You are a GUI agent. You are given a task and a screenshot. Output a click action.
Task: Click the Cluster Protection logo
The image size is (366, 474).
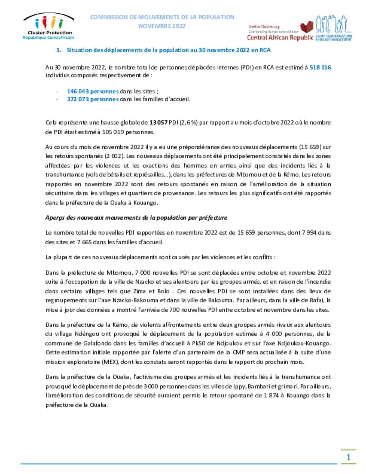pyautogui.click(x=48, y=26)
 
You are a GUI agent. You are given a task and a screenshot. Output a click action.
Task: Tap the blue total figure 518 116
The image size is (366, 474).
pyautogui.click(x=320, y=67)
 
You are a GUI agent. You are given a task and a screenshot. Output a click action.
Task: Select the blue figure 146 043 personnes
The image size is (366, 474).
pyautogui.click(x=93, y=91)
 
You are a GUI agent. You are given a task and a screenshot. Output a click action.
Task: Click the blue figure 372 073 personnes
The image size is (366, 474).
pyautogui.click(x=93, y=99)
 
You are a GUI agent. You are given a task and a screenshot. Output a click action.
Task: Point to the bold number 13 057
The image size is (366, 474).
pyautogui.click(x=158, y=122)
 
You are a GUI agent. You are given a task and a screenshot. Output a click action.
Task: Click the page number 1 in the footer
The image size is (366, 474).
pyautogui.click(x=348, y=457)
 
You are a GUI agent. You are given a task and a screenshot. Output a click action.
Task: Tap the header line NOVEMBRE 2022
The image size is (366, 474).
pyautogui.click(x=162, y=26)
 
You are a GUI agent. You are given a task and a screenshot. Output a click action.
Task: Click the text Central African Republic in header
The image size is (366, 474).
pyautogui.click(x=280, y=38)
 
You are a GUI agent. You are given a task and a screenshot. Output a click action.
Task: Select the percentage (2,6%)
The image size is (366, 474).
pyautogui.click(x=189, y=122)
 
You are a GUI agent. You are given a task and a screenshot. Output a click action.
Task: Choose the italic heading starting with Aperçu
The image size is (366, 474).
pyautogui.click(x=136, y=218)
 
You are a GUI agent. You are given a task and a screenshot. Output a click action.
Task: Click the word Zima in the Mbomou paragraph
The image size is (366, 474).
pyautogui.click(x=139, y=291)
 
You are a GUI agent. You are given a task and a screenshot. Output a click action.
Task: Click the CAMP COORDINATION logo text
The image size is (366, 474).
pyautogui.click(x=333, y=37)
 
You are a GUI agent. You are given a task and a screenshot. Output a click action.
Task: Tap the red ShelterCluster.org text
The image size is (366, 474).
pyautogui.click(x=264, y=26)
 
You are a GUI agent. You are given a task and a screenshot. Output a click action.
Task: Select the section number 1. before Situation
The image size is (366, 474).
pyautogui.click(x=59, y=50)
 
